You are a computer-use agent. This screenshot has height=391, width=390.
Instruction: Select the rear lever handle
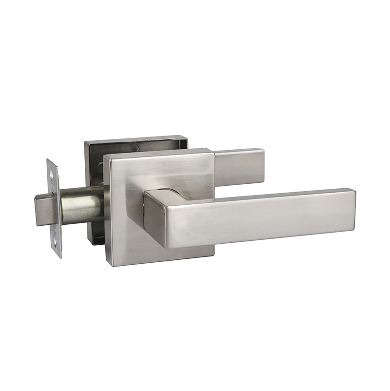(239, 166)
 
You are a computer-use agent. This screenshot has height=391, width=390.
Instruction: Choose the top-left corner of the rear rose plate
(86, 143)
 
